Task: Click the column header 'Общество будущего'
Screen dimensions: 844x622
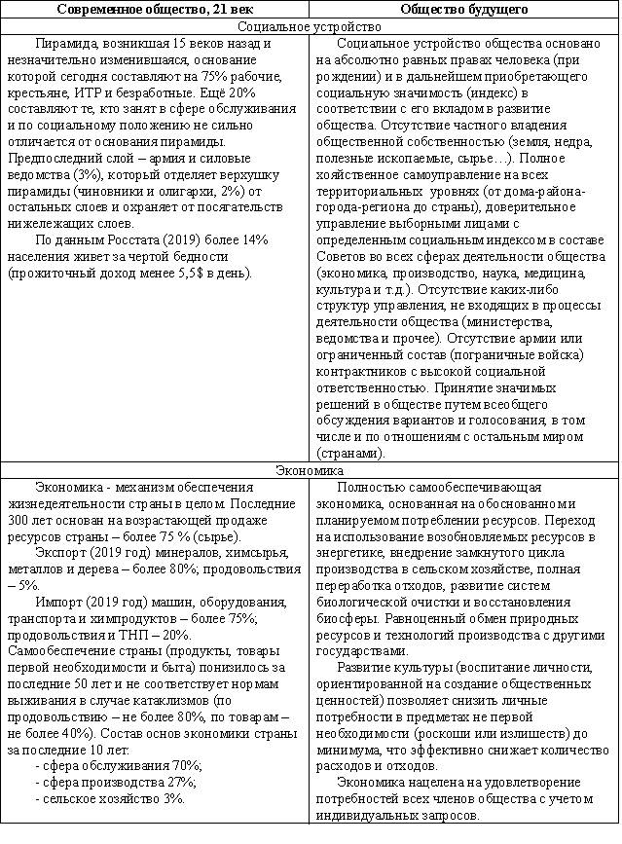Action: (x=464, y=9)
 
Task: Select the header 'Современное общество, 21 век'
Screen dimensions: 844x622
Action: (x=155, y=9)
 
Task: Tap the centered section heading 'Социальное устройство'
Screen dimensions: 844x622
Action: (x=310, y=26)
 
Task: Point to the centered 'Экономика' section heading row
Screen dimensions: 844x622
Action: (x=310, y=470)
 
